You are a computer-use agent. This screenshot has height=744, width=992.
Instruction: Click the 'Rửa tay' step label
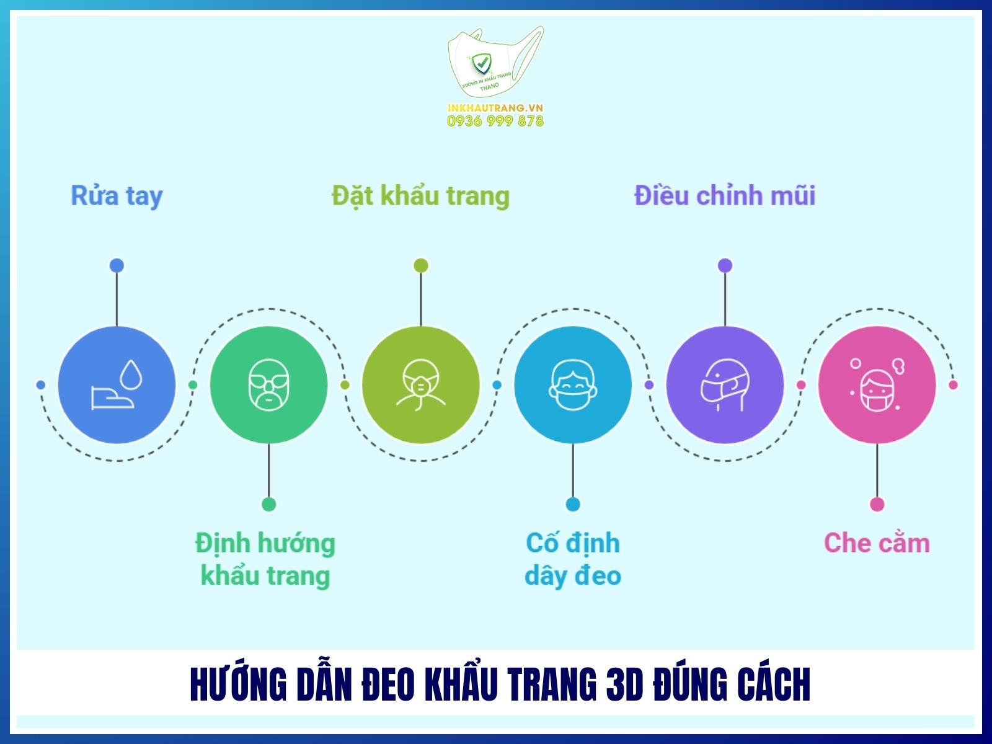(117, 196)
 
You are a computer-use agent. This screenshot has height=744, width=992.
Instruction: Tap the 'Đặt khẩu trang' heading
(420, 196)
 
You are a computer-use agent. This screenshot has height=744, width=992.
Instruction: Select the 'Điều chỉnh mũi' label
(724, 196)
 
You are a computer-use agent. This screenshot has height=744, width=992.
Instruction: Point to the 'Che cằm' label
(877, 543)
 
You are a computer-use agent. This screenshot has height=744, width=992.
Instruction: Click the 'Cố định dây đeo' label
(573, 559)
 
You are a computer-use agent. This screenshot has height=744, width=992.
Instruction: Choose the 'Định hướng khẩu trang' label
(265, 559)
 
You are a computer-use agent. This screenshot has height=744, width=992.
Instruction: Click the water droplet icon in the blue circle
(131, 374)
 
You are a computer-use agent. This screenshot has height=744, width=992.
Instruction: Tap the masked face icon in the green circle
(268, 385)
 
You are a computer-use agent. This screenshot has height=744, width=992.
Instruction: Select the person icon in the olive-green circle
(420, 385)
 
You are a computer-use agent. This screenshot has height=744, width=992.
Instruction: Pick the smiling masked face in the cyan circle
(573, 385)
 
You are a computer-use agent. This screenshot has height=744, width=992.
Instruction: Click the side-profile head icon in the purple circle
(725, 385)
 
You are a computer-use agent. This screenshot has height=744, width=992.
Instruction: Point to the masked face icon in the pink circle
(877, 389)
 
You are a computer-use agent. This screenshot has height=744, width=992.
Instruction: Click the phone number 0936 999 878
(495, 122)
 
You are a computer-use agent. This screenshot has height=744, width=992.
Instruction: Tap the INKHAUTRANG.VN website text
(495, 108)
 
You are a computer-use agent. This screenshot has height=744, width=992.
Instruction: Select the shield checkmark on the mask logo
(481, 63)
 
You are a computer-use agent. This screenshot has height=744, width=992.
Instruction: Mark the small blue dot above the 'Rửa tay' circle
(117, 265)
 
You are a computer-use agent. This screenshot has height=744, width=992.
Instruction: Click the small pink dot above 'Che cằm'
(877, 504)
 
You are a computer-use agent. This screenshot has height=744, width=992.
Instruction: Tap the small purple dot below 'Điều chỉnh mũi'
(725, 265)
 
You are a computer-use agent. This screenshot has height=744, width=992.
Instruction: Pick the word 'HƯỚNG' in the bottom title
(238, 685)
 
